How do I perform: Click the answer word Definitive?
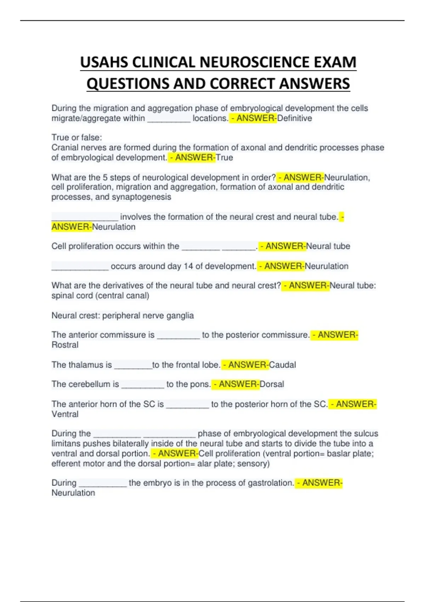click(294, 118)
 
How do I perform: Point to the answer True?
click(225, 158)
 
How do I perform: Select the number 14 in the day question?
click(188, 266)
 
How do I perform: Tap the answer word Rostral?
click(65, 345)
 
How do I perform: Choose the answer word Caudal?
click(283, 365)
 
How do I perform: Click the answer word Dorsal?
click(272, 384)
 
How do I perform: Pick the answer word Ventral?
click(65, 414)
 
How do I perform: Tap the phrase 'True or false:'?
click(76, 137)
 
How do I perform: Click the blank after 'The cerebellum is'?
click(143, 386)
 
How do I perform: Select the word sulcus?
click(365, 433)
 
